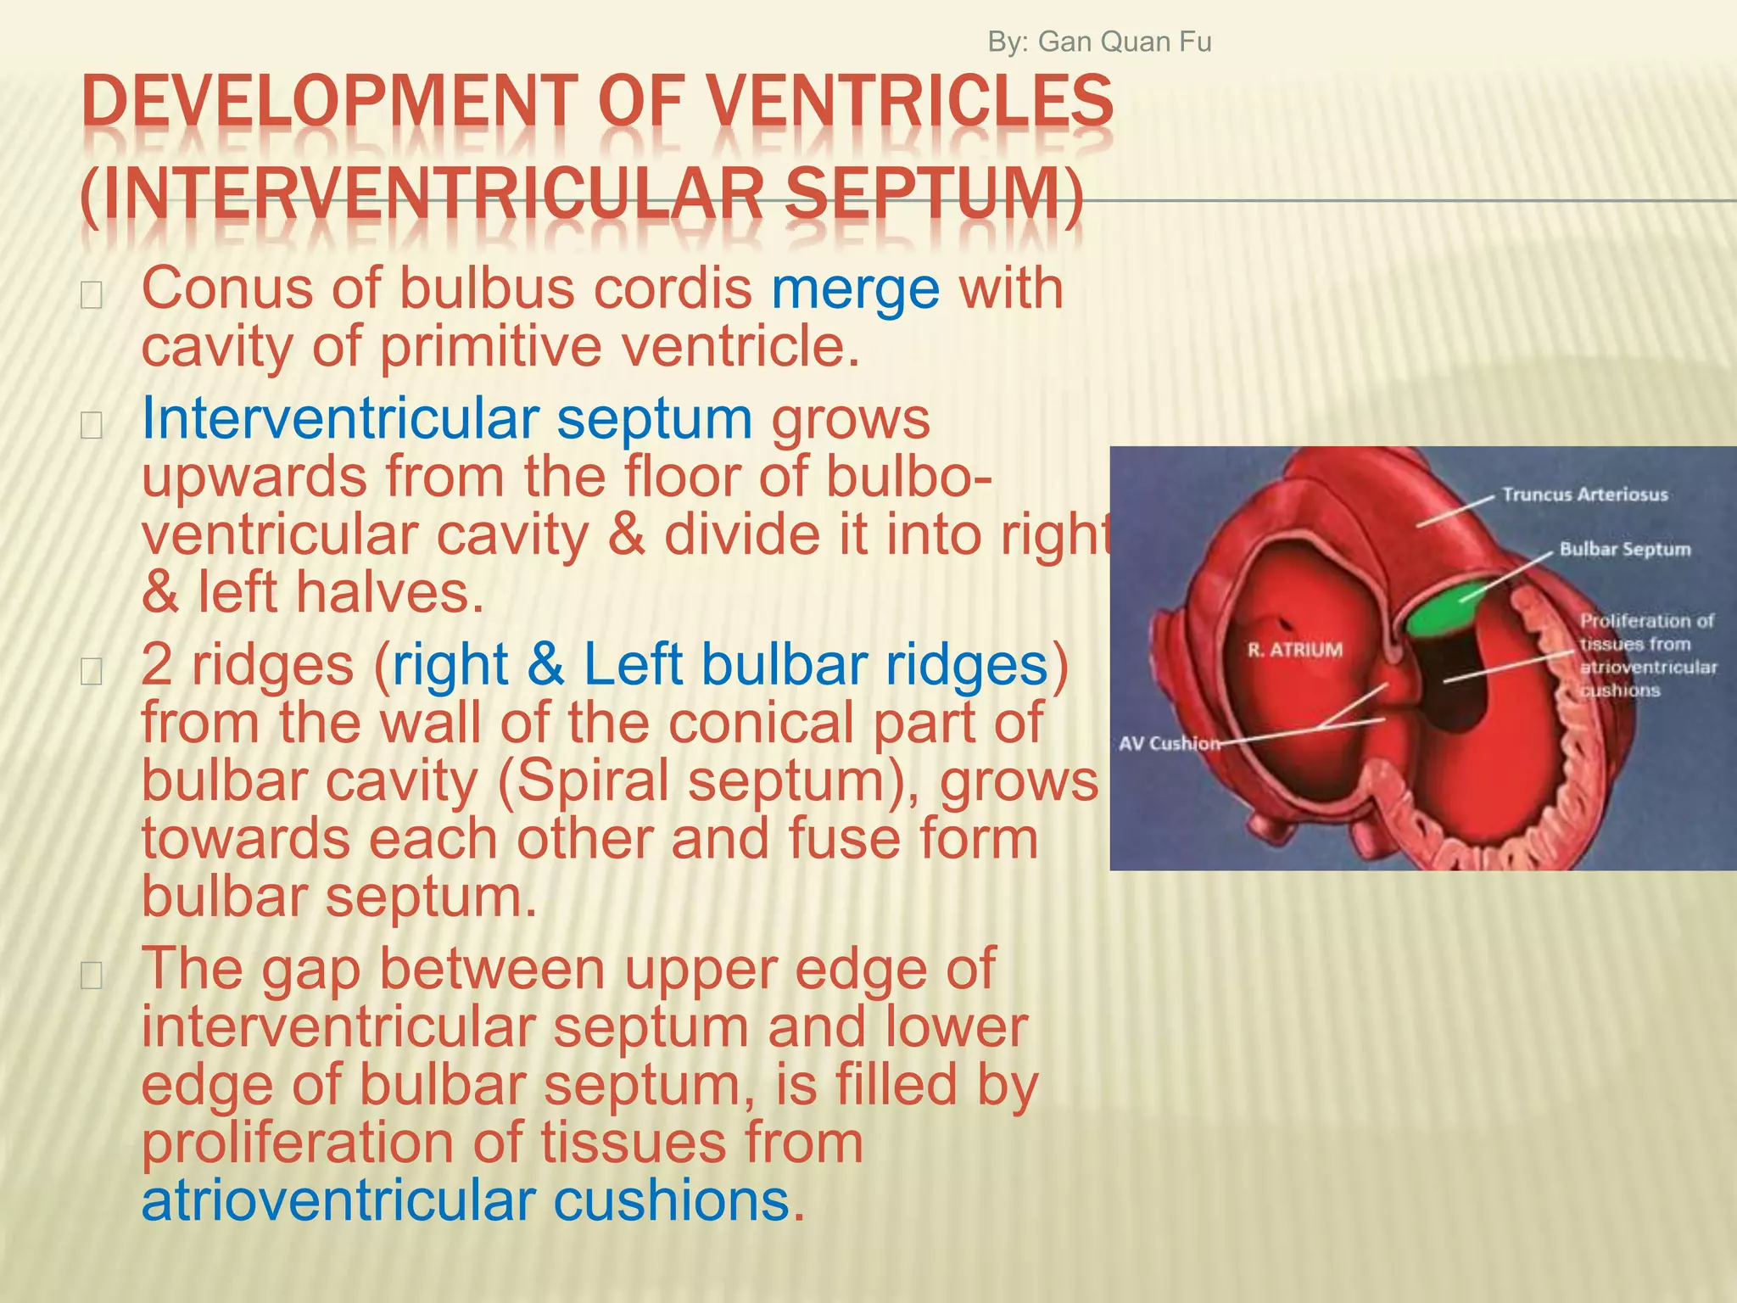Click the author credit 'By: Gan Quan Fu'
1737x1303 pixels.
1099,42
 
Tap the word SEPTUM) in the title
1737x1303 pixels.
933,194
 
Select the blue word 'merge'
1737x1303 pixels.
855,288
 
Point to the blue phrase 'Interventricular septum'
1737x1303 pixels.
446,418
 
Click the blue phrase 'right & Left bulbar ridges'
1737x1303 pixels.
720,664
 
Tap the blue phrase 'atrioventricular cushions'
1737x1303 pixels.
466,1200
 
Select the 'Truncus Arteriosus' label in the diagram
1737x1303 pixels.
1584,495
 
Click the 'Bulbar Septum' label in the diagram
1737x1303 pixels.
1624,550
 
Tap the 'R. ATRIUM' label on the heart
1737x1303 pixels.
1294,650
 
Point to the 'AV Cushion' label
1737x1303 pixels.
1169,744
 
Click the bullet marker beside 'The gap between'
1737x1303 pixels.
91,976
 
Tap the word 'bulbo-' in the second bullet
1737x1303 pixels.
908,477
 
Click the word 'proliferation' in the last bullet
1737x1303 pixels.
297,1144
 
